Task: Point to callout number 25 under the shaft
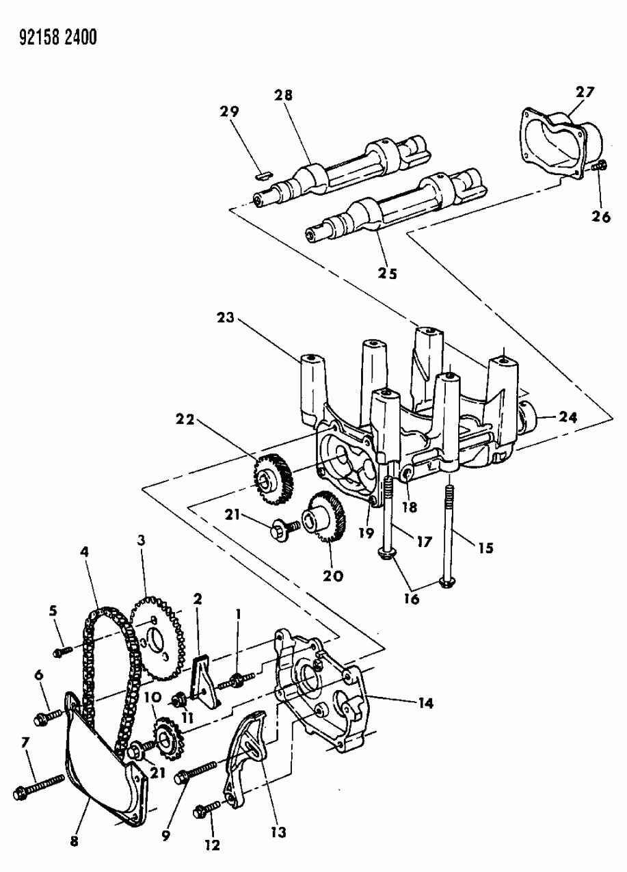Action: tap(387, 272)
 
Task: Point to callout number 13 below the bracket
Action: tap(278, 832)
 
